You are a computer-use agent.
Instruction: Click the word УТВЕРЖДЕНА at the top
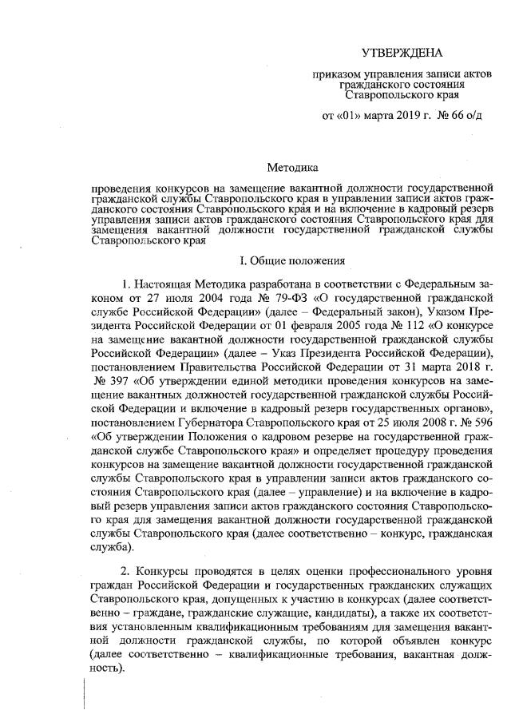click(401, 53)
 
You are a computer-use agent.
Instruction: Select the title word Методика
click(291, 168)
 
